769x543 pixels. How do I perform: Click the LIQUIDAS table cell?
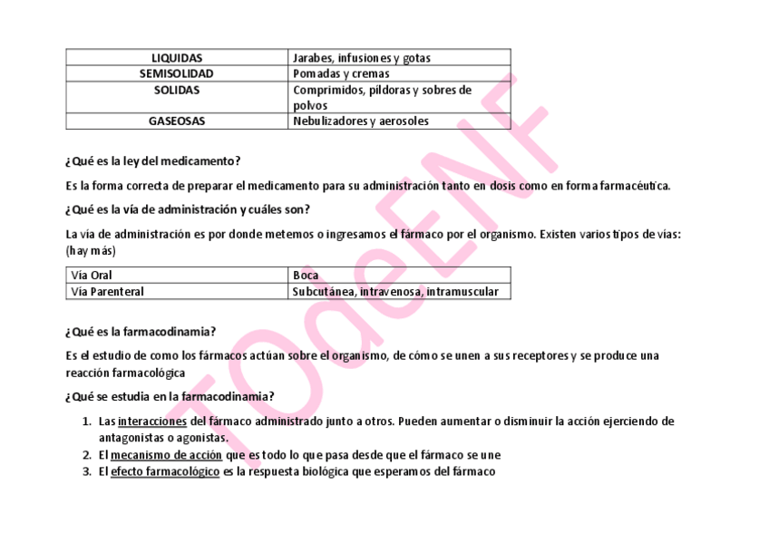click(x=176, y=58)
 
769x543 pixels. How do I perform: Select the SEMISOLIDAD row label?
click(x=176, y=73)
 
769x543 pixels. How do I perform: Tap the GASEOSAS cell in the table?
click(x=176, y=121)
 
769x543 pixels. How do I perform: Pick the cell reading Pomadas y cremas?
click(x=341, y=73)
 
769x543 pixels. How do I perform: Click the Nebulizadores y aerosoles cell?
click(x=361, y=121)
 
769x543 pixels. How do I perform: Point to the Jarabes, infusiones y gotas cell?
click(x=362, y=58)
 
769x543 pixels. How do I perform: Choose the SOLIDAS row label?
click(x=176, y=91)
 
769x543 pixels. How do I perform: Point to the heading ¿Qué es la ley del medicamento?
click(x=152, y=161)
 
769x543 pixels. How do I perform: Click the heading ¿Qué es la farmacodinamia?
click(x=141, y=332)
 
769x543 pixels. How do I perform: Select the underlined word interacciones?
click(x=151, y=422)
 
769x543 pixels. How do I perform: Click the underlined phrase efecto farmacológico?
click(x=165, y=471)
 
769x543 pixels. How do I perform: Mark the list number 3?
click(x=86, y=471)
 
